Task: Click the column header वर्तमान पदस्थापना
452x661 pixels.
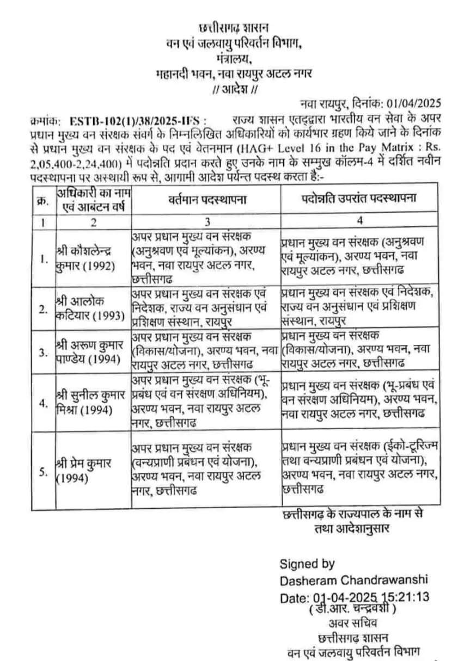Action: click(206, 199)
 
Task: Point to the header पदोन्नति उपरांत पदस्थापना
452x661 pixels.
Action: click(359, 198)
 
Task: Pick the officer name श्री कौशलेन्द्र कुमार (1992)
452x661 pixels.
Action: click(84, 259)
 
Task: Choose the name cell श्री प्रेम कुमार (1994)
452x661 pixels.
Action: click(84, 471)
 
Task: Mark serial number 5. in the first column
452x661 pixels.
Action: click(43, 471)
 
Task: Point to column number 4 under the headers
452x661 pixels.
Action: click(360, 221)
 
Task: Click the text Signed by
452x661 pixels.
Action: click(307, 564)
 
